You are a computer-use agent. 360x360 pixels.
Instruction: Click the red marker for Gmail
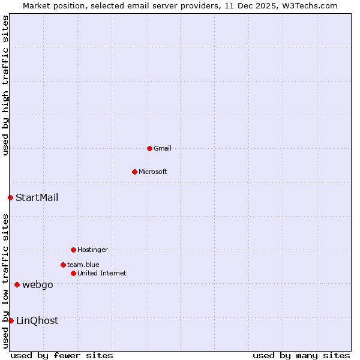click(149, 148)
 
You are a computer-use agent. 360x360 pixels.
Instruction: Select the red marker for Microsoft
click(134, 172)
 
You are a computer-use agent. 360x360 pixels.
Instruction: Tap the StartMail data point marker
click(10, 197)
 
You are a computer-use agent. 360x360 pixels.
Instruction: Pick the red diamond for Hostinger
click(73, 250)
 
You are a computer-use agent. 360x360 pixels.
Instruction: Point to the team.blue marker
click(63, 265)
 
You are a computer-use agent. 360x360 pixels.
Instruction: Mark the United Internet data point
click(73, 273)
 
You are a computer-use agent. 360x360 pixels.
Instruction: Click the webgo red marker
click(17, 284)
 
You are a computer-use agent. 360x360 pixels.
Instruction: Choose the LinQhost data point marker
click(11, 320)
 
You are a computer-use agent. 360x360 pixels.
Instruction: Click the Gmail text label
click(163, 148)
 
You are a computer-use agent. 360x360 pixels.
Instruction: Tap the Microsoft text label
click(153, 172)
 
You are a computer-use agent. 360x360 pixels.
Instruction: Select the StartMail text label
click(37, 197)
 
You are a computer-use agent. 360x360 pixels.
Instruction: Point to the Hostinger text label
click(92, 250)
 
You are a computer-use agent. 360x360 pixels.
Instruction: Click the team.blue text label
click(83, 265)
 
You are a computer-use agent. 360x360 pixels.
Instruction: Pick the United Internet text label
click(102, 273)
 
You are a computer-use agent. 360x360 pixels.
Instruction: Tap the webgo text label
click(38, 284)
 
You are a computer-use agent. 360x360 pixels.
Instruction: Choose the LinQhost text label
click(37, 320)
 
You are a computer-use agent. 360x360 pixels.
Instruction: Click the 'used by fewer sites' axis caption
click(62, 355)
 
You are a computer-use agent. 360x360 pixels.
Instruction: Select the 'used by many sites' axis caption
click(301, 355)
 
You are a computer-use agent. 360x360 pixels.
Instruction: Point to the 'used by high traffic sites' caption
click(5, 85)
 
